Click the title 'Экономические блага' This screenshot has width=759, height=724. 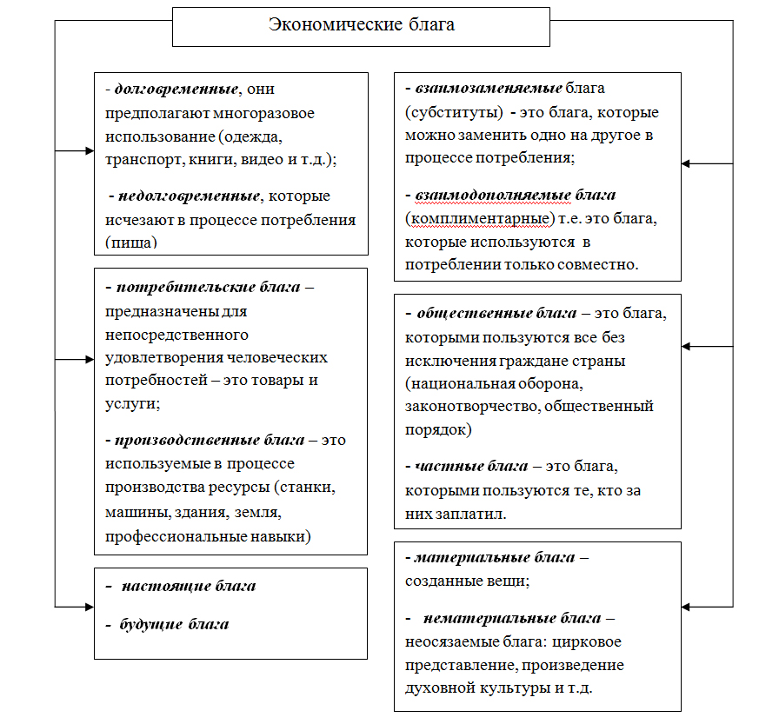click(x=361, y=24)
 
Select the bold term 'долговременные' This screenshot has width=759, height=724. click(x=176, y=89)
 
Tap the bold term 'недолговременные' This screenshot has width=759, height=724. click(x=190, y=196)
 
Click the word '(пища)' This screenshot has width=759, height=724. click(x=131, y=242)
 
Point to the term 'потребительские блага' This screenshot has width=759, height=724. click(x=209, y=287)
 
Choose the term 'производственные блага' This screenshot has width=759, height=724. click(x=210, y=440)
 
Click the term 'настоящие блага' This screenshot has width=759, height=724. click(x=189, y=586)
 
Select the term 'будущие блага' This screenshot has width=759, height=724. click(x=174, y=624)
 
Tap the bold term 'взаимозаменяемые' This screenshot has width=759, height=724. click(x=489, y=88)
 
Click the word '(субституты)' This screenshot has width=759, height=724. click(x=454, y=112)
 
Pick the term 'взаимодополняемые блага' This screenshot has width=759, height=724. click(x=516, y=195)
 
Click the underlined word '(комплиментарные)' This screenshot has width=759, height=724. click(x=480, y=219)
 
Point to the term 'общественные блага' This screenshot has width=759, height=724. click(x=497, y=314)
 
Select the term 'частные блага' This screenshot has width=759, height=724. click(x=471, y=466)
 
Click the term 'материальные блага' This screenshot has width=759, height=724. click(x=496, y=557)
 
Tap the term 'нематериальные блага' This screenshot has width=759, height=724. click(x=512, y=619)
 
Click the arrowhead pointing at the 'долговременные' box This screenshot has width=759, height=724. click(x=90, y=151)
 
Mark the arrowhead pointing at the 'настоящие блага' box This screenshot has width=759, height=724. click(x=90, y=607)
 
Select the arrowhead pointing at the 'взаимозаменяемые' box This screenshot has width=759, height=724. click(x=685, y=163)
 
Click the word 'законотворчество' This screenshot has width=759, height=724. click(x=472, y=406)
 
